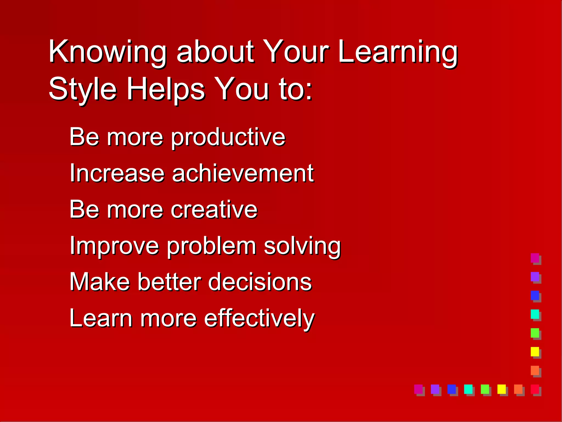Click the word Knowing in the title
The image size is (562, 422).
107,52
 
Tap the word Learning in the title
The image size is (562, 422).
398,52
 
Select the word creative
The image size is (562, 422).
214,209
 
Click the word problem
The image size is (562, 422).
211,246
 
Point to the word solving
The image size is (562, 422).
302,246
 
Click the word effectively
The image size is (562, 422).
259,319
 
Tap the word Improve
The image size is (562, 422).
114,246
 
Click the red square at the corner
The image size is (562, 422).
535,389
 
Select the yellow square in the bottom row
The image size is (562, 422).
501,389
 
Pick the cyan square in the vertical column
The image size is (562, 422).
535,314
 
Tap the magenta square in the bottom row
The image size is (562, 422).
418,389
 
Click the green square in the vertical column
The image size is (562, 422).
535,333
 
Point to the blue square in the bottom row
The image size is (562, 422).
451,389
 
